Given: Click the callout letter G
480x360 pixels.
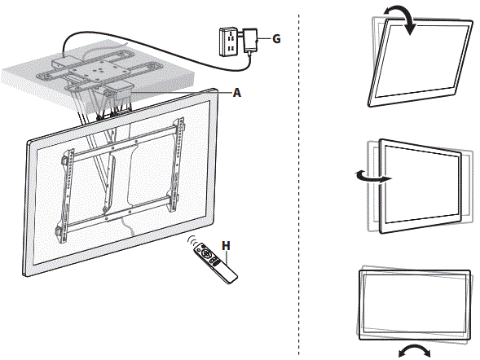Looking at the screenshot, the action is [x=276, y=39].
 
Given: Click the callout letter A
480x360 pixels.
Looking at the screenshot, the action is [x=237, y=92].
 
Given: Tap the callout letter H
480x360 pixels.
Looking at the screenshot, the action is [x=226, y=246].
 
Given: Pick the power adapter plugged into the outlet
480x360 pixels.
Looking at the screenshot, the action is [x=251, y=41].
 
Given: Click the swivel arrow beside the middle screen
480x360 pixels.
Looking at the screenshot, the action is [x=372, y=177].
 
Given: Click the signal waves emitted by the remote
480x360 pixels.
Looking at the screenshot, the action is [x=192, y=240].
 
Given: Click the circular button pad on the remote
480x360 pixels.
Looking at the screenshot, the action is [x=206, y=253].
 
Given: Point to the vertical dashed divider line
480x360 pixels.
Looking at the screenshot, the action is [x=298, y=184].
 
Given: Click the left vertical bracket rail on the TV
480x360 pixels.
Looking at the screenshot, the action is [x=66, y=195].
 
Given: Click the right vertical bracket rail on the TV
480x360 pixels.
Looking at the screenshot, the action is [x=177, y=165].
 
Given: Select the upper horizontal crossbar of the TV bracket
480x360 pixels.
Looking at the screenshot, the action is [x=125, y=143].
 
